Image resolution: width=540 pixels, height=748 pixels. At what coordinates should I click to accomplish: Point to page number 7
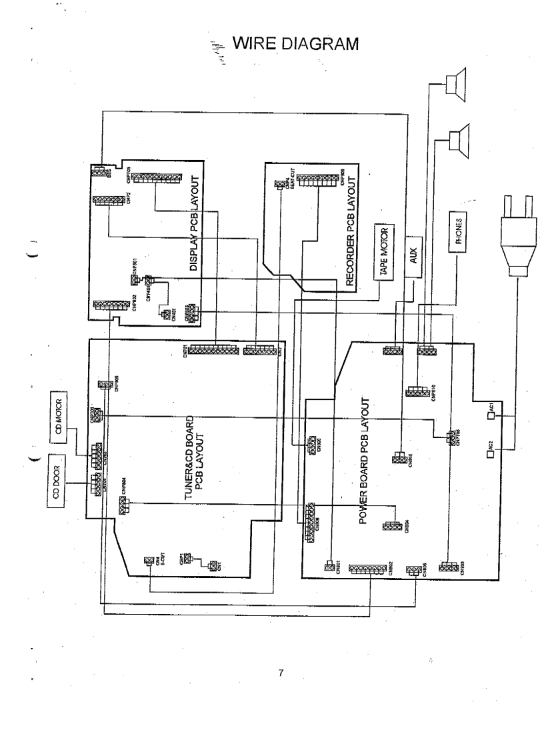(281, 673)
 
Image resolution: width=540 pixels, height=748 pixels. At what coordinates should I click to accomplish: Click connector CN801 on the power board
(329, 567)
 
